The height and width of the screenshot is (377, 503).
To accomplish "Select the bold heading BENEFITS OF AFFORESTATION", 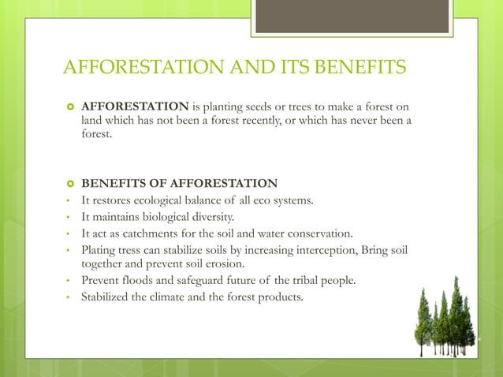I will [x=180, y=184].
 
